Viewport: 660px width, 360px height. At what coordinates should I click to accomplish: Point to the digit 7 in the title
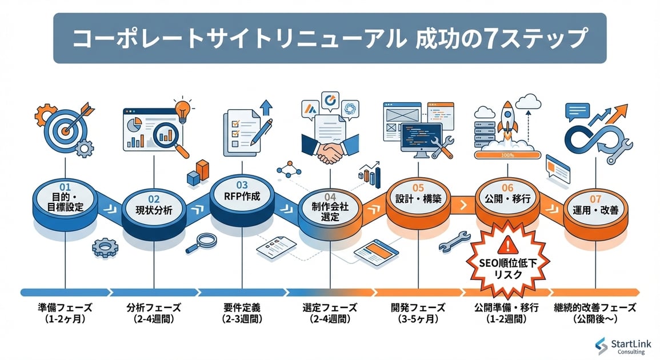(512, 39)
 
